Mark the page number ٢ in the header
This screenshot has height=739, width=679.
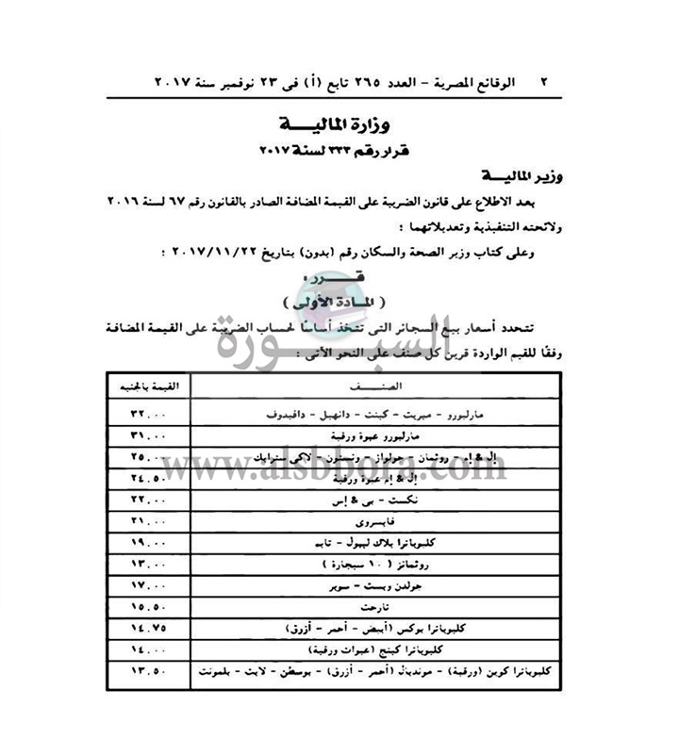[543, 82]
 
